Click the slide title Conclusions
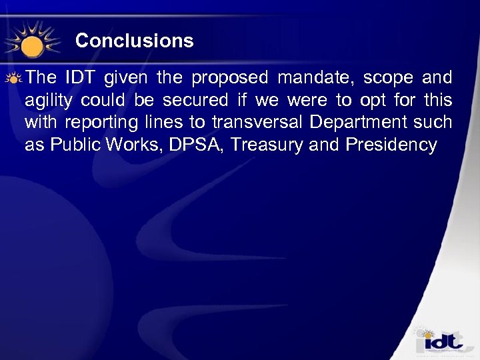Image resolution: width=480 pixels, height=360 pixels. pyautogui.click(x=134, y=41)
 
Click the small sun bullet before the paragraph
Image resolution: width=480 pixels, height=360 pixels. pyautogui.click(x=15, y=78)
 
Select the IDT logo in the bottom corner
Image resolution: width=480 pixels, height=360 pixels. pyautogui.click(x=439, y=342)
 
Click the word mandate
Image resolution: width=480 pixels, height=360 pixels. pyautogui.click(x=314, y=78)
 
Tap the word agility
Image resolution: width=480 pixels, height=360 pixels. pyautogui.click(x=49, y=101)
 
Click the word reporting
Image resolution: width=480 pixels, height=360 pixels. pyautogui.click(x=94, y=123)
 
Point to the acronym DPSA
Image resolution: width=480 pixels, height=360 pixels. pyautogui.click(x=189, y=145)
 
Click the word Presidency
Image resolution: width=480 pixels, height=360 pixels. pyautogui.click(x=391, y=145)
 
